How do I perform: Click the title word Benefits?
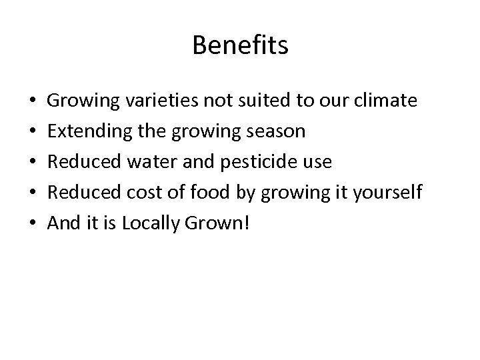click(240, 46)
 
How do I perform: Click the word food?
click(209, 193)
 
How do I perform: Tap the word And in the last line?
click(64, 223)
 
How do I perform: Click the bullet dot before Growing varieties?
click(33, 102)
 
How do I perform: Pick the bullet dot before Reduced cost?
click(33, 193)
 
